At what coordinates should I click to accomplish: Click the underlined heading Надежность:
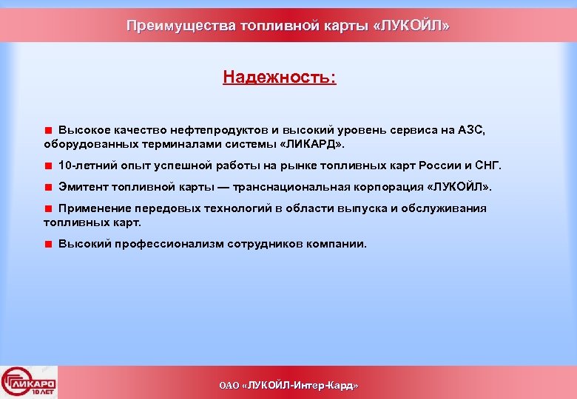click(x=279, y=77)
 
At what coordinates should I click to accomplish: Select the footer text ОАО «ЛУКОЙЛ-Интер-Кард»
click(x=288, y=386)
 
